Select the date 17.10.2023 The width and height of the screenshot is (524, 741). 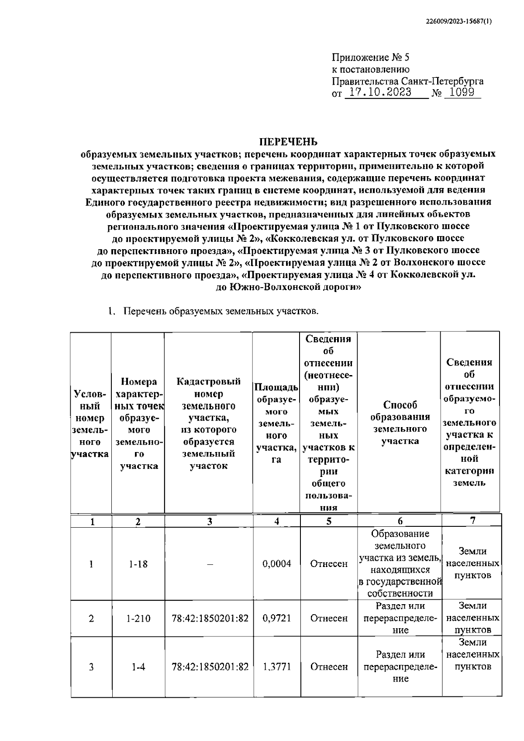click(x=378, y=93)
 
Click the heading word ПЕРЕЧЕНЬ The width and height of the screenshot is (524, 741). click(x=289, y=142)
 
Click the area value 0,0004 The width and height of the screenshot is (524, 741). click(x=277, y=564)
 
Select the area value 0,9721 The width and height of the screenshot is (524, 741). click(x=277, y=618)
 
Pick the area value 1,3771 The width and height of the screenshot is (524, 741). click(x=277, y=667)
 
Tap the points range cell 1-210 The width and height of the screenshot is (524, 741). click(x=138, y=619)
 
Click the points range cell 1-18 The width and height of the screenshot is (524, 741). click(x=138, y=564)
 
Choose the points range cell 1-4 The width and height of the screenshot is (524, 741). click(x=138, y=667)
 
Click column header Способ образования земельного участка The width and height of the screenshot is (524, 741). click(x=400, y=423)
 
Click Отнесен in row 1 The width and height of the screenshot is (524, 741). click(x=329, y=564)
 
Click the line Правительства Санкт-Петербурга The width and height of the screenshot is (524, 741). click(x=407, y=81)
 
